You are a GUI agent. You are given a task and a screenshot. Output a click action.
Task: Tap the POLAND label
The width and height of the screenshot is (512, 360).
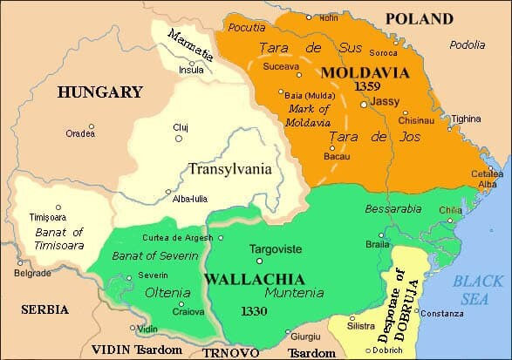click(420, 18)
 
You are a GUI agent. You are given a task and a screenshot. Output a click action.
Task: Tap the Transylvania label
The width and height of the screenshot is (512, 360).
click(230, 169)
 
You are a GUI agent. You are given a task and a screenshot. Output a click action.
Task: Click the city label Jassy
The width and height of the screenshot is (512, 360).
click(385, 101)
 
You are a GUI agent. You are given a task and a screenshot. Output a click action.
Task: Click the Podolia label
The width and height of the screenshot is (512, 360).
click(468, 44)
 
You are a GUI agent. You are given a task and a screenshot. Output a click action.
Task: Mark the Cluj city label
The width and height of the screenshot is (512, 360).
click(205, 126)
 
